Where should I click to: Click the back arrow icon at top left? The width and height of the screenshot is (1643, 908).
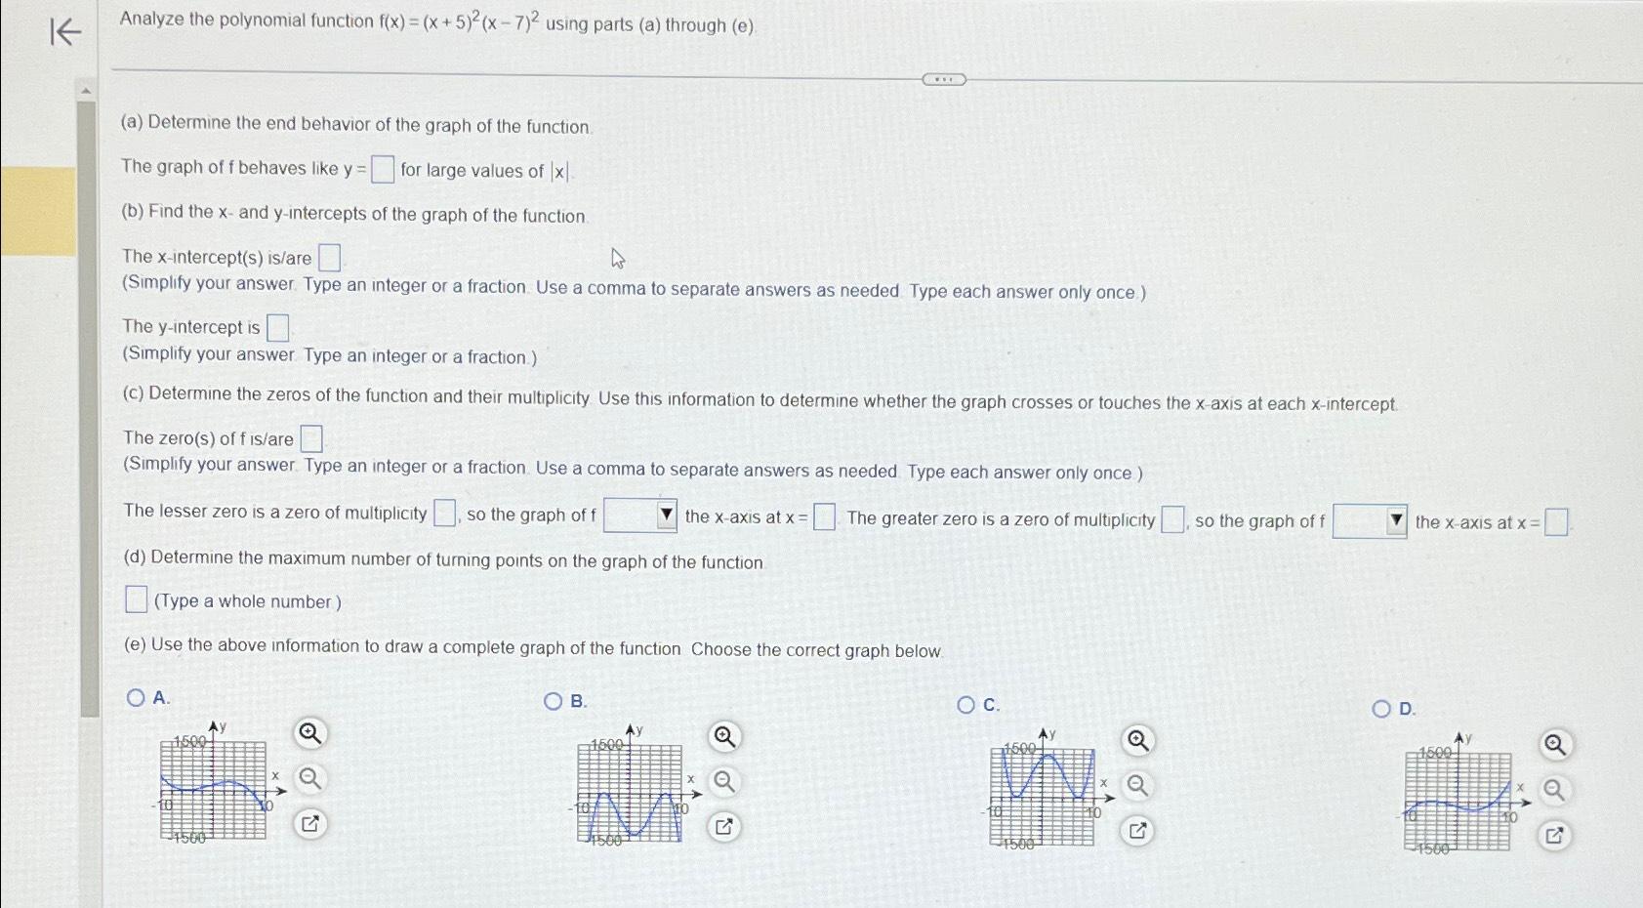[x=64, y=32]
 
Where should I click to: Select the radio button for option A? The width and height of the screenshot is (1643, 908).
[x=136, y=697]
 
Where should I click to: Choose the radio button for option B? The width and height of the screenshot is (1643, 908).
[x=554, y=701]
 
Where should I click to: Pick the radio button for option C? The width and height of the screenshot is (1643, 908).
[x=966, y=705]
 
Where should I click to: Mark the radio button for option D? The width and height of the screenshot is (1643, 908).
[x=1381, y=709]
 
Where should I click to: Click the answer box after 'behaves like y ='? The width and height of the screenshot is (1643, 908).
[x=383, y=170]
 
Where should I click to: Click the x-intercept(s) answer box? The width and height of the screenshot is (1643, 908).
[x=330, y=258]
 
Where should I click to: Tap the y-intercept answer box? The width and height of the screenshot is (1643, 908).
[x=278, y=327]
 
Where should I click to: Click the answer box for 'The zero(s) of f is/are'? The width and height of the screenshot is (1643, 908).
[x=311, y=438]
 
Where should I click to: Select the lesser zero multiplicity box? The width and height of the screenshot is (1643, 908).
[x=444, y=513]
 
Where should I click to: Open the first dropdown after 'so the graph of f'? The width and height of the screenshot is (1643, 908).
[x=640, y=515]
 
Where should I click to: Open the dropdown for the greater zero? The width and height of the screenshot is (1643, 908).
[x=1370, y=521]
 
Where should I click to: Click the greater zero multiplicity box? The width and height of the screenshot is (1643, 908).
[x=1172, y=519]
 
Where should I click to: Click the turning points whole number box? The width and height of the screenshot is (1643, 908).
[x=137, y=599]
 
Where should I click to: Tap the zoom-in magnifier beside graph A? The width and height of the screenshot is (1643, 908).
[x=309, y=733]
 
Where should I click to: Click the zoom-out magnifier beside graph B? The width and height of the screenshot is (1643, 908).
[x=723, y=781]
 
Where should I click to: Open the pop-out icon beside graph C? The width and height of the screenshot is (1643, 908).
[x=1137, y=831]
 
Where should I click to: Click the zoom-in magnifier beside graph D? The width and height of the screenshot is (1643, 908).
[x=1554, y=746]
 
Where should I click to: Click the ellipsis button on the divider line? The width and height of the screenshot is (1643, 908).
[x=944, y=79]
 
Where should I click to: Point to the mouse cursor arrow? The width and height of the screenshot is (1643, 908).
[x=617, y=258]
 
